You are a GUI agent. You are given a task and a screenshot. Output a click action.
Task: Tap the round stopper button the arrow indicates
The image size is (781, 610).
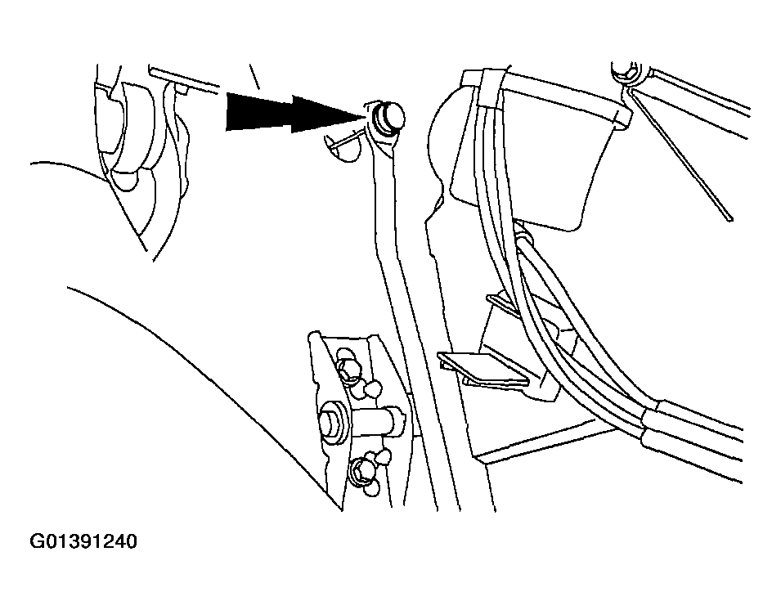pyautogui.click(x=388, y=118)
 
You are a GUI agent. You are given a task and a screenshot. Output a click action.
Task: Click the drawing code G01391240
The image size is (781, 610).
pyautogui.click(x=83, y=541)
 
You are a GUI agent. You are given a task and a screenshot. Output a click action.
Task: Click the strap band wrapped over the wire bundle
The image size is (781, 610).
pyautogui.click(x=492, y=90)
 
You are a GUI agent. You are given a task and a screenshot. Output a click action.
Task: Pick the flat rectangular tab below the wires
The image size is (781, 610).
pyautogui.click(x=483, y=369)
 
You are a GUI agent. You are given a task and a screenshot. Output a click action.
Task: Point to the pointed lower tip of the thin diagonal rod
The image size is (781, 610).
pyautogui.click(x=730, y=219)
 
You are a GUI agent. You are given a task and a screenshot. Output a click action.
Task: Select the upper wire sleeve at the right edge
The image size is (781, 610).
pyautogui.click(x=698, y=419)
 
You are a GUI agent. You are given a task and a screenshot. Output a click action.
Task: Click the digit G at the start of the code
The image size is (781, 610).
pyautogui.click(x=37, y=541)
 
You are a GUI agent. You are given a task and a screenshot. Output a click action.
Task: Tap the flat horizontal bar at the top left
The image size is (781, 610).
pyautogui.click(x=184, y=78)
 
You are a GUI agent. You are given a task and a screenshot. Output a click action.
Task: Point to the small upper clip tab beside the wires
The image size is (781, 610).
pyautogui.click(x=503, y=303)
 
